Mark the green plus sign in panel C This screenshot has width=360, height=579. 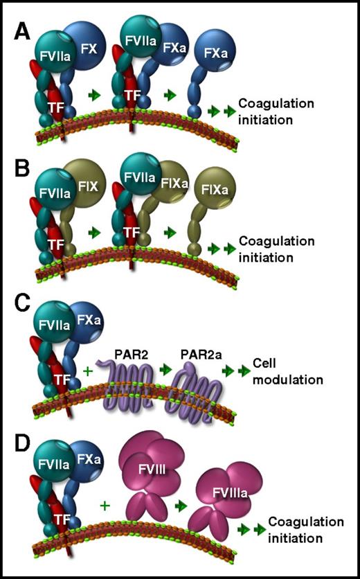click(87, 371)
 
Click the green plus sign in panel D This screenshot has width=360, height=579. click(105, 506)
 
